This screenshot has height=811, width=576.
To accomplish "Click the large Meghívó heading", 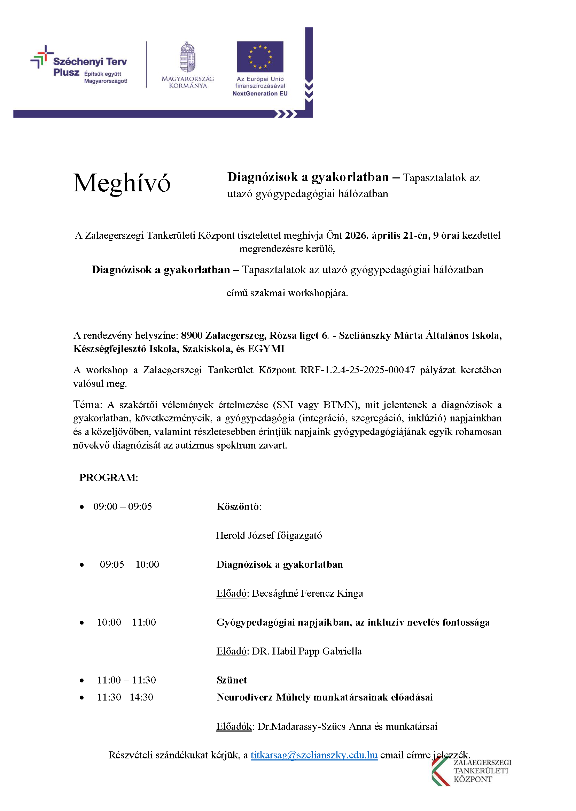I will point(122,184).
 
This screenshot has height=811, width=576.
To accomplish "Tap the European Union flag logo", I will point(260,57).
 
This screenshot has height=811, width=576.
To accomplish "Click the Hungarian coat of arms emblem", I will point(188,58).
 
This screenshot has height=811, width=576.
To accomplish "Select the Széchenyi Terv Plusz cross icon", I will point(42,57).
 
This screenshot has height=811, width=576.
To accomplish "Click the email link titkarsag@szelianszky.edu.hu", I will point(314,755).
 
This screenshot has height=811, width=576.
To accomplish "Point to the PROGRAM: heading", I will point(109,478).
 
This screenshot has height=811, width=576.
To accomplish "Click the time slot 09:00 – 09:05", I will point(122,506).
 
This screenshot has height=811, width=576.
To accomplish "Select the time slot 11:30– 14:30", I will point(125,697).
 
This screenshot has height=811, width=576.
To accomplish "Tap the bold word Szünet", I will point(232,680).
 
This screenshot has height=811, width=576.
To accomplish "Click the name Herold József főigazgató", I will point(268,536).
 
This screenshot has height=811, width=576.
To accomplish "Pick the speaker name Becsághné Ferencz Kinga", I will point(307,594).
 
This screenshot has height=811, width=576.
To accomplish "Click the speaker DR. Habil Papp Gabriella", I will point(306,651).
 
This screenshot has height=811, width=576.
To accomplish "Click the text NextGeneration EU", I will point(260,94).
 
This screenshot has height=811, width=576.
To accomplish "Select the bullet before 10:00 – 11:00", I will point(82,623).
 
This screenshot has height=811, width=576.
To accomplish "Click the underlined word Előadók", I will point(234,727).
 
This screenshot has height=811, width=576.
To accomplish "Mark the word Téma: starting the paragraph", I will point(88,405).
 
